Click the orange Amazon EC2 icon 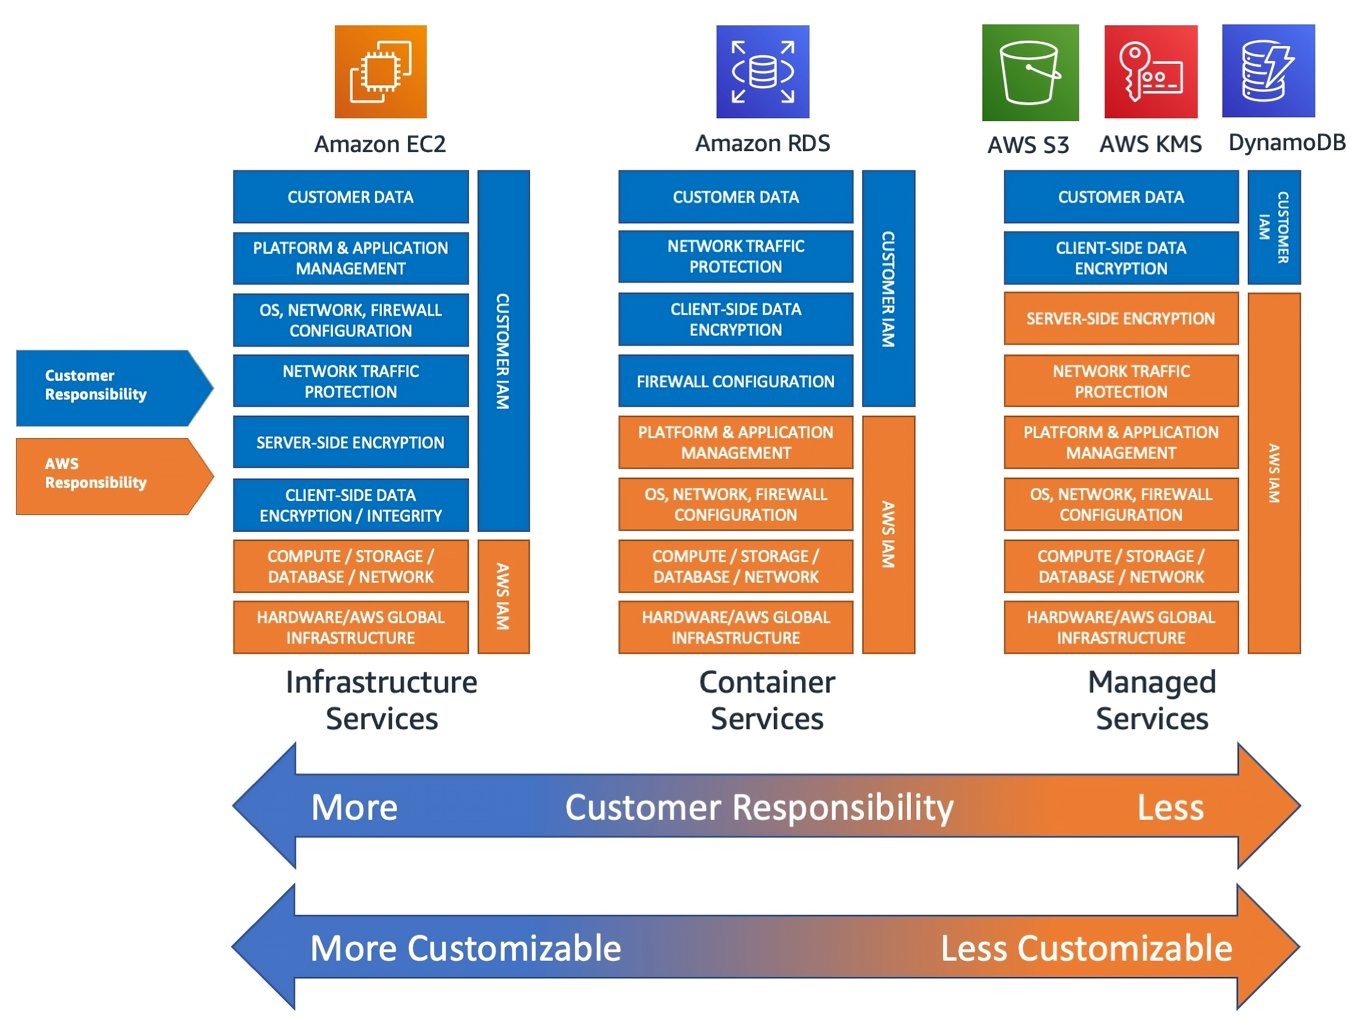point(380,71)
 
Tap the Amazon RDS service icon point(762,71)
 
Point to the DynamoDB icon point(1268,71)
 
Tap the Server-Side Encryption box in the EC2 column point(350,442)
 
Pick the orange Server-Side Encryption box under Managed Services point(1120,319)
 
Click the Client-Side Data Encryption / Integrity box point(350,505)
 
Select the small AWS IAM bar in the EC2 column point(502,596)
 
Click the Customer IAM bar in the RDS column point(888,289)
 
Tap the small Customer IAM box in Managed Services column point(1273,227)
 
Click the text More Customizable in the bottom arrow point(465,948)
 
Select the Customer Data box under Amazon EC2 point(350,197)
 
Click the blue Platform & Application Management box point(350,258)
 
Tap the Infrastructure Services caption point(381,700)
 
